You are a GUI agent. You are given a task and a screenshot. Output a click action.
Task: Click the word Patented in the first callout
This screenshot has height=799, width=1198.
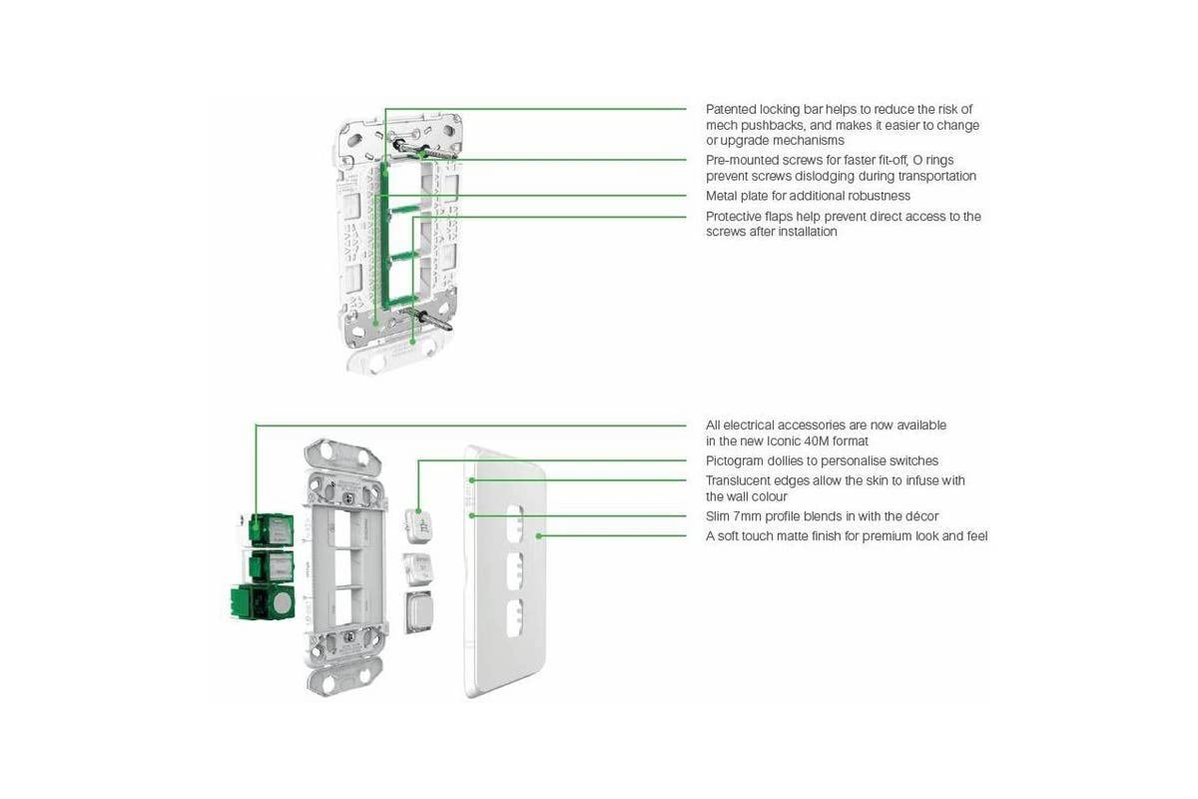(732, 109)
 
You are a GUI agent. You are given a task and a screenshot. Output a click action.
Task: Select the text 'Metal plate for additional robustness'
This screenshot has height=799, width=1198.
(808, 196)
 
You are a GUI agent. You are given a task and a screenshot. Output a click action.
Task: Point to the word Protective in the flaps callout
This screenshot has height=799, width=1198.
(736, 216)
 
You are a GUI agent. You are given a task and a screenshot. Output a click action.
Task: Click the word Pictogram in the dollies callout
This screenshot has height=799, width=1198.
(735, 460)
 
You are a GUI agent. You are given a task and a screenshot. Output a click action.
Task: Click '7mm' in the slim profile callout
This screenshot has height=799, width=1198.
(751, 516)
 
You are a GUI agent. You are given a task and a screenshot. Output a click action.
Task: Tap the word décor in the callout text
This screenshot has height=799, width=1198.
(918, 516)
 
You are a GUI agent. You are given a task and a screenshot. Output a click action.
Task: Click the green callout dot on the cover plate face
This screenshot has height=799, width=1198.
(540, 536)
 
